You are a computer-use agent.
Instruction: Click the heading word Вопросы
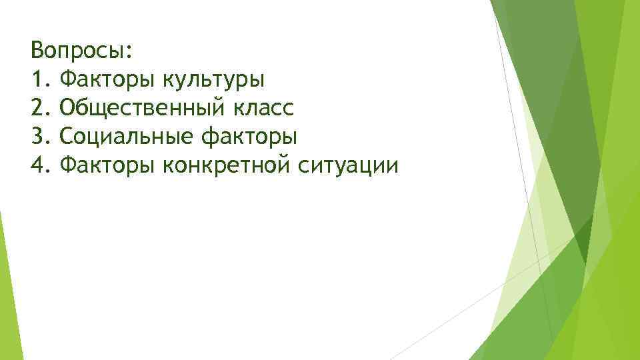79,51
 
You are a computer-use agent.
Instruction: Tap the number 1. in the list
40,80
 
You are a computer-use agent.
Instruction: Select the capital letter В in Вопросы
37,51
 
